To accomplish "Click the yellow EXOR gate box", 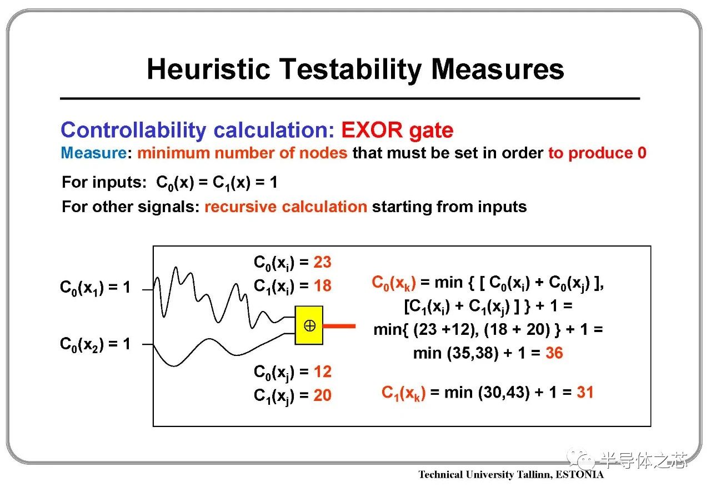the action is tap(309, 325).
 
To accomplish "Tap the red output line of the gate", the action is tap(339, 326).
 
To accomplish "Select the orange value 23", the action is tap(323, 262).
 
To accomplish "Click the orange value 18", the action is tap(323, 285).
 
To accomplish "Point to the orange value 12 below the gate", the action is tap(323, 371).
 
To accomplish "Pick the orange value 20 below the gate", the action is tap(323, 395).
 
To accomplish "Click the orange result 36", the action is tap(554, 353).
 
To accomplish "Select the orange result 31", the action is tap(585, 392).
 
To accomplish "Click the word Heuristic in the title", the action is tap(208, 69).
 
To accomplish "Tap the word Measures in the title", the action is tap(497, 69).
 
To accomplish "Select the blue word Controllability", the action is tap(133, 130).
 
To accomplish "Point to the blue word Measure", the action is tap(94, 153).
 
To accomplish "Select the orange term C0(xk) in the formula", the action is tap(394, 283).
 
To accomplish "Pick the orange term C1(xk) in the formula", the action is tap(403, 393).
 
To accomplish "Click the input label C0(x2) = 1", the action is tap(95, 344).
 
